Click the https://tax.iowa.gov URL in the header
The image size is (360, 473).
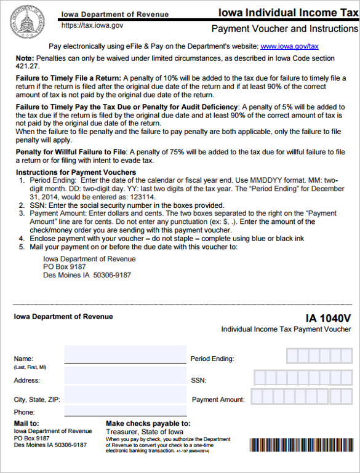(92, 26)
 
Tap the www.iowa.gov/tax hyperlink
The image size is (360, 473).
(289, 46)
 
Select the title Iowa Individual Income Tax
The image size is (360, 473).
(286, 12)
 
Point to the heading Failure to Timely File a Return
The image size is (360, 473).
(68, 79)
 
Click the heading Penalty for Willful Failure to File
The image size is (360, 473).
(71, 152)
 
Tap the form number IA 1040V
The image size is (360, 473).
(328, 318)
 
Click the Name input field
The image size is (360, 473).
(125, 355)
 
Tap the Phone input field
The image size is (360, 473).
(125, 411)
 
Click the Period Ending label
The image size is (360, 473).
(212, 359)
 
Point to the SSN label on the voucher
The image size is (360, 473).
(199, 381)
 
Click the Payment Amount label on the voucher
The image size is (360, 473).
(218, 400)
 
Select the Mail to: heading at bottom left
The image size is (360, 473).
(26, 424)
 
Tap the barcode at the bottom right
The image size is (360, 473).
(301, 446)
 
